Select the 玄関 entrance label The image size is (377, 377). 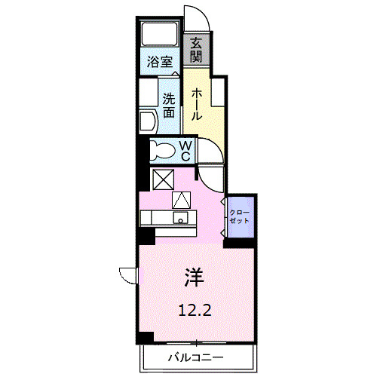[196, 51]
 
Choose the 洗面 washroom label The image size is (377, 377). [169, 106]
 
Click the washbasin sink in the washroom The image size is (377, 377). [146, 121]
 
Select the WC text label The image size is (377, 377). [185, 150]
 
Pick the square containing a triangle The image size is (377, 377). [182, 201]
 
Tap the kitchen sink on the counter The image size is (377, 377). [181, 219]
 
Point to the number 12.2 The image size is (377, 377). [195, 309]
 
